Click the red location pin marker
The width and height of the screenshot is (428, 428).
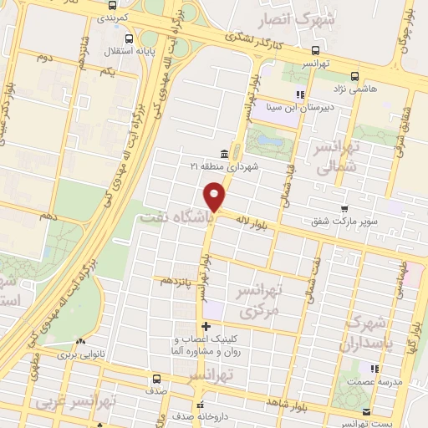click(216, 197)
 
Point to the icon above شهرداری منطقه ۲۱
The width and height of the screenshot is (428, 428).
click(224, 154)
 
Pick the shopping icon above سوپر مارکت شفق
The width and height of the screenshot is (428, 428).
click(344, 208)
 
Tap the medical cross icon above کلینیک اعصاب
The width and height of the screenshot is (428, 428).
click(206, 326)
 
